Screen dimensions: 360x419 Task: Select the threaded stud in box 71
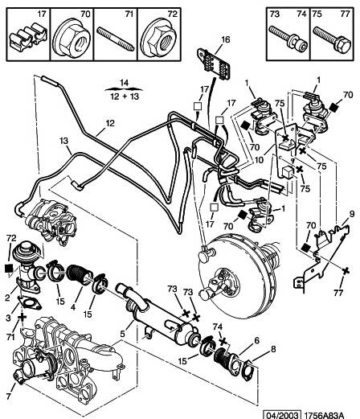click(x=116, y=39)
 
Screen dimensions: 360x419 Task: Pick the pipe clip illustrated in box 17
click(x=28, y=37)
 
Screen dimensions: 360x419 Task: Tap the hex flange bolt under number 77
click(x=332, y=40)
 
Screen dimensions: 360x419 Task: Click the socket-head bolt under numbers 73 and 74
click(x=288, y=39)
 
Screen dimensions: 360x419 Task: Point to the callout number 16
click(x=226, y=39)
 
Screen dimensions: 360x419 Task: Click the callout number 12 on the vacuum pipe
click(x=110, y=123)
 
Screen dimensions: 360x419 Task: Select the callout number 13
click(x=63, y=141)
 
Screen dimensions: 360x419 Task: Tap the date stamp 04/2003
click(x=281, y=415)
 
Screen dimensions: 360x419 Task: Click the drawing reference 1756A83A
click(x=324, y=415)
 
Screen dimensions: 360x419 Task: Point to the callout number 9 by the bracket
click(x=351, y=214)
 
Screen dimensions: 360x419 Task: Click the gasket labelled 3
click(x=30, y=302)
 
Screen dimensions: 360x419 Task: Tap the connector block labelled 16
click(x=214, y=64)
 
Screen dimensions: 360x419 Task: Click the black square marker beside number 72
click(x=9, y=268)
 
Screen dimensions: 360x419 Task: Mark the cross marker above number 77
click(x=346, y=271)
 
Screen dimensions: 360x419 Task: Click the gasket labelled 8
click(x=247, y=368)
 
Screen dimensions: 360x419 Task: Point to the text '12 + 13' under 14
click(x=125, y=97)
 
